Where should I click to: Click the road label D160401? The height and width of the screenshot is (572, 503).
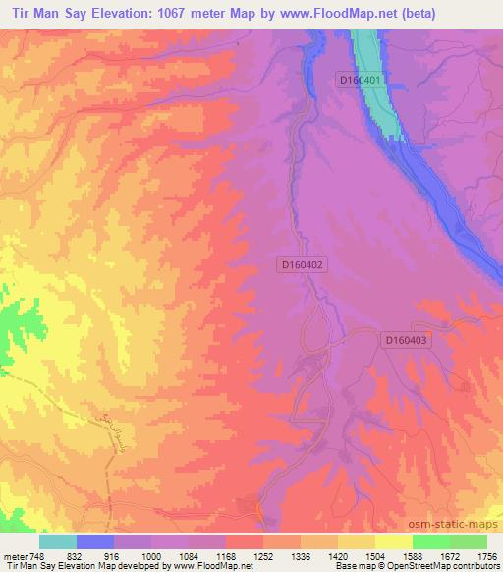click(x=361, y=78)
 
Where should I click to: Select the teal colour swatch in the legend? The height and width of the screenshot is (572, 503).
click(x=58, y=542)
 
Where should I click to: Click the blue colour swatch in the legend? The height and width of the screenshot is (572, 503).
click(x=95, y=542)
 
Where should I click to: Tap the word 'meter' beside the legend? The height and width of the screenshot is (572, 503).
click(x=13, y=555)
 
